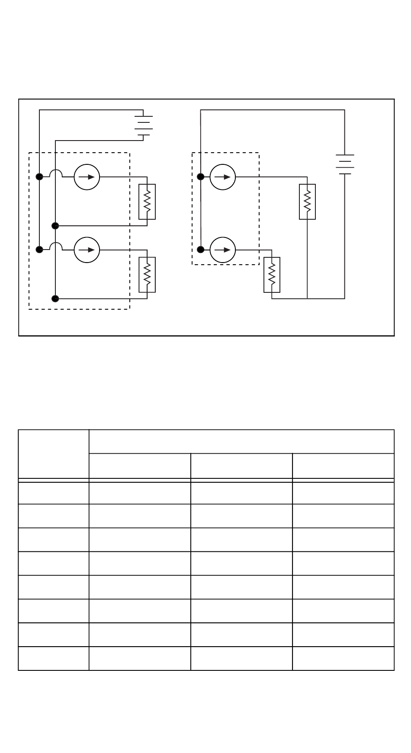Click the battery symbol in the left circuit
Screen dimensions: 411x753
[x=143, y=125]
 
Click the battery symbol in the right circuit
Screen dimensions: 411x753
[x=345, y=164]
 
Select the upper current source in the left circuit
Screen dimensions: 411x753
[x=87, y=177]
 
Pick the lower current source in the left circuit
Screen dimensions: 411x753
[x=87, y=250]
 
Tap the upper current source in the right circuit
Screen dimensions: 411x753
[x=223, y=177]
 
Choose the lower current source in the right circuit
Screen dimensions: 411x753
[x=223, y=250]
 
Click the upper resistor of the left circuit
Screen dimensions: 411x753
[x=147, y=202]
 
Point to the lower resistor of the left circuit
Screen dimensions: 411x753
[x=147, y=275]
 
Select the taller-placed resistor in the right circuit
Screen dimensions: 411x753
[x=307, y=202]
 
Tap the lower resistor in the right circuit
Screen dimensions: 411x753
[x=272, y=275]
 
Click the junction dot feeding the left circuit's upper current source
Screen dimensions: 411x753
[x=39, y=176]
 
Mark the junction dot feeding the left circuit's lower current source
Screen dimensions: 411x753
[x=39, y=250]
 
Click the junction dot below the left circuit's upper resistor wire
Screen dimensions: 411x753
[x=55, y=226]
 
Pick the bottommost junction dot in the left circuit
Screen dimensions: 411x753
[x=55, y=298]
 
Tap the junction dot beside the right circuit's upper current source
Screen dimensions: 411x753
[x=201, y=176]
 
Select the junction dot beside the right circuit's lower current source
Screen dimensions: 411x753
[x=201, y=250]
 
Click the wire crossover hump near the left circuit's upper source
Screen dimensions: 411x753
[x=56, y=173]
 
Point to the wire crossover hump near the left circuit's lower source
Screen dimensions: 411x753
[x=56, y=246]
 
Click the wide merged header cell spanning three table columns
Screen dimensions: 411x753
[x=241, y=441]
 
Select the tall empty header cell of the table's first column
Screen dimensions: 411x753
[x=54, y=454]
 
